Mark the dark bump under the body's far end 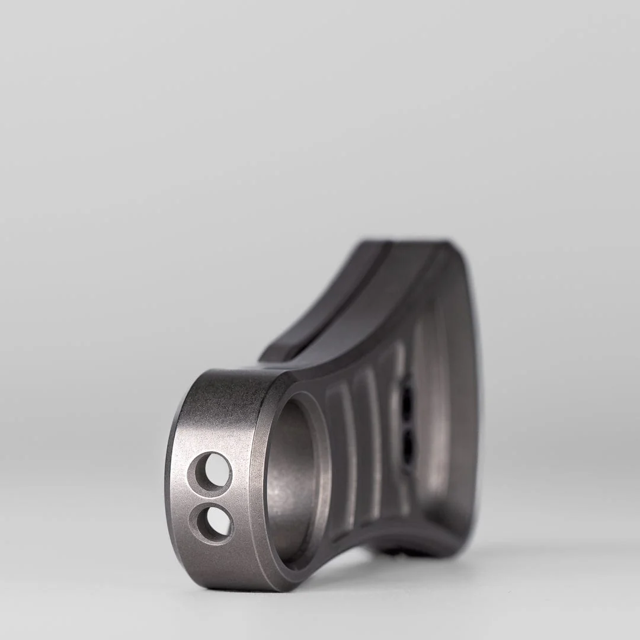[x=403, y=551]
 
